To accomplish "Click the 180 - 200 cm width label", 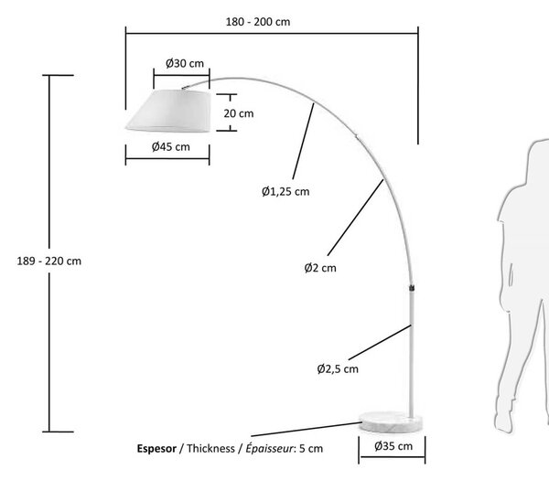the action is (258, 22).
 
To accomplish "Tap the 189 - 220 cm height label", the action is (49, 261).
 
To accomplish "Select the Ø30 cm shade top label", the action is (185, 63).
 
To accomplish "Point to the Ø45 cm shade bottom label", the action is (171, 146).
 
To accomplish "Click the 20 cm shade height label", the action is (239, 113).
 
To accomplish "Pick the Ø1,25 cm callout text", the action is (285, 191).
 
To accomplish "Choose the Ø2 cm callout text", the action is (320, 268).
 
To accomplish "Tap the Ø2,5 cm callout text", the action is (338, 368).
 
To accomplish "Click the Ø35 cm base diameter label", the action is (393, 446).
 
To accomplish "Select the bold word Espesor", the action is (156, 449).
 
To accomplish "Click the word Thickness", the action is (210, 448).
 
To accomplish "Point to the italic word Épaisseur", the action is (269, 448).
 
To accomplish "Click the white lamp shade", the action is (168, 111).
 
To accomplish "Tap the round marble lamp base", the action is (390, 421).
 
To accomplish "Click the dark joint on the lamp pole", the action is (412, 288).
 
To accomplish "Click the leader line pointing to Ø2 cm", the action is (355, 218).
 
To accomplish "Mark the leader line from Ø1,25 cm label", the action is (303, 141).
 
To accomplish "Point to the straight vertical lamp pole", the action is (412, 353).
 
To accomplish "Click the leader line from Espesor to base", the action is (307, 430).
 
